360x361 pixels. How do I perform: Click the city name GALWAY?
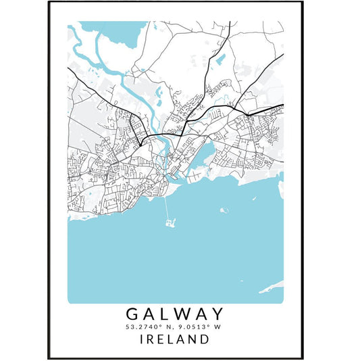(x=175, y=314)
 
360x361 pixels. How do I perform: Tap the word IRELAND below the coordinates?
(x=175, y=339)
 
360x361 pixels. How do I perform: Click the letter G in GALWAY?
(x=131, y=314)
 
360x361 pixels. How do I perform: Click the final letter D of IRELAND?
(x=204, y=339)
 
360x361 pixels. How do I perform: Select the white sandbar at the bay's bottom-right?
(x=270, y=289)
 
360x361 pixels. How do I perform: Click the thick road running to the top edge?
(x=229, y=30)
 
